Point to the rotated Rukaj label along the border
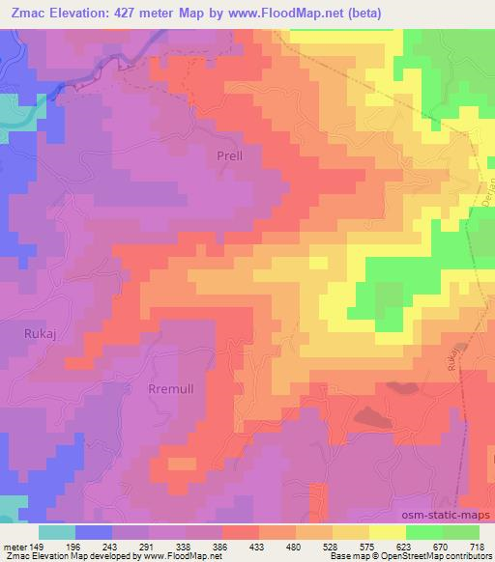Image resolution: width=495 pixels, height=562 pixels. tap(453, 358)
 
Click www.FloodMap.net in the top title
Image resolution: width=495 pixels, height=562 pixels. tap(286, 14)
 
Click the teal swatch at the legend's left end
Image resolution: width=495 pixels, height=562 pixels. tap(57, 532)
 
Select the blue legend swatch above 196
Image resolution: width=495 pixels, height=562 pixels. tap(94, 532)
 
